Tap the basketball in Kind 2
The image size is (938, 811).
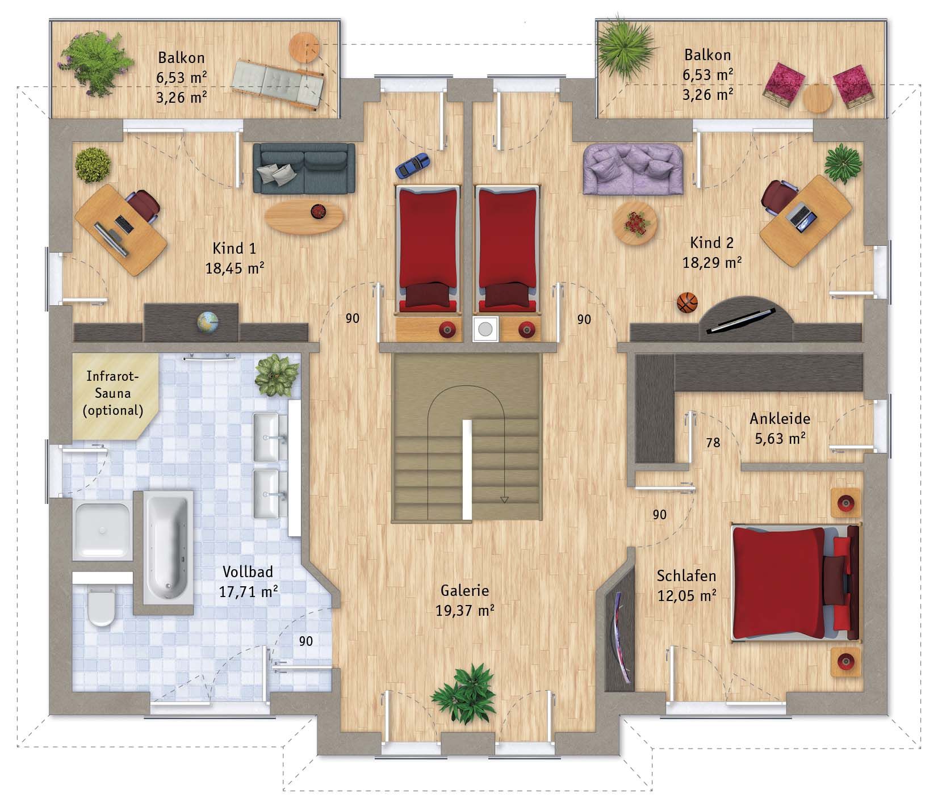pyautogui.click(x=687, y=302)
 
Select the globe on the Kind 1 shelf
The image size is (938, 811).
pyautogui.click(x=207, y=322)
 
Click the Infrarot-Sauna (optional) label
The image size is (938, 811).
pyautogui.click(x=113, y=393)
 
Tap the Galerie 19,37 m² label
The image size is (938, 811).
pyautogui.click(x=464, y=600)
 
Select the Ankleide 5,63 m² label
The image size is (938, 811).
pyautogui.click(x=780, y=428)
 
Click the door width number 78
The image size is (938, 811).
pyautogui.click(x=713, y=442)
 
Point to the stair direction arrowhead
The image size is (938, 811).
pyautogui.click(x=504, y=499)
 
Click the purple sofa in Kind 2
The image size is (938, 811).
pyautogui.click(x=633, y=169)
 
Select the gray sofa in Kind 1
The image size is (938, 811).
pyautogui.click(x=304, y=168)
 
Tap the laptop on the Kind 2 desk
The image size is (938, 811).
pyautogui.click(x=802, y=216)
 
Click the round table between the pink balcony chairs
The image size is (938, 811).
pyautogui.click(x=818, y=98)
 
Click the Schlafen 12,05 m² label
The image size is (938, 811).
pyautogui.click(x=686, y=586)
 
